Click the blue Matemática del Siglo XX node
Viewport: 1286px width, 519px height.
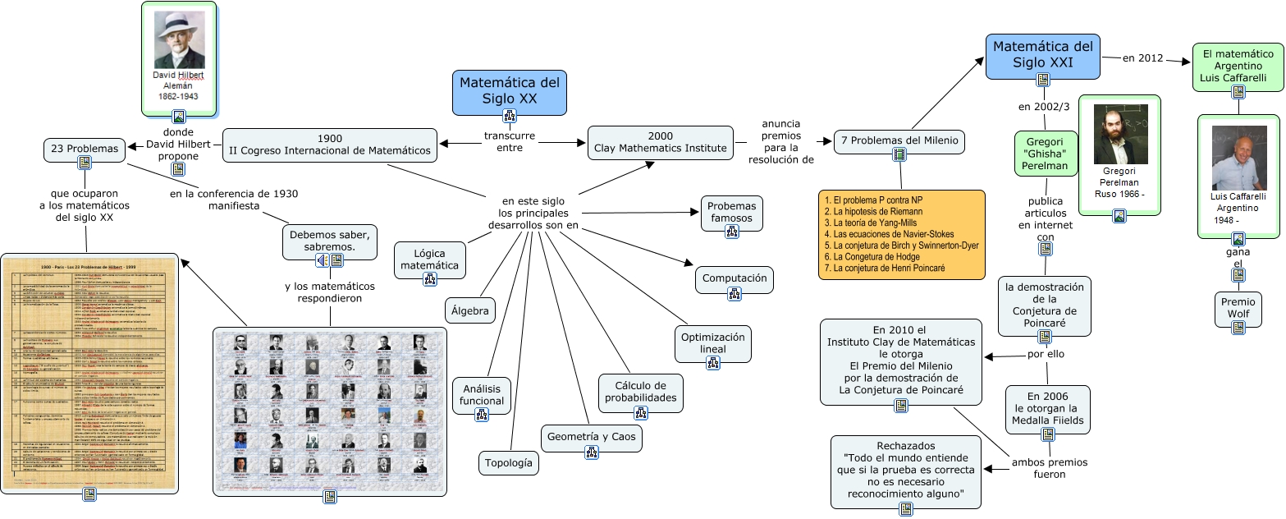[509, 90]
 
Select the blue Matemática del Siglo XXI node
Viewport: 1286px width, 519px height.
[1042, 53]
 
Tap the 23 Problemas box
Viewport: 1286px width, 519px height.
[85, 149]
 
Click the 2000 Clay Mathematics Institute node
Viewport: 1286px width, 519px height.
[660, 143]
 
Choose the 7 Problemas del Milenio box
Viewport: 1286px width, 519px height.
[899, 140]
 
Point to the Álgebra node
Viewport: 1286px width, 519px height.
[470, 311]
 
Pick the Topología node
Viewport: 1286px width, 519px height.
[509, 463]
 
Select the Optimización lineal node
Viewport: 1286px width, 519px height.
[712, 343]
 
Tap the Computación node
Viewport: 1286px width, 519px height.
[735, 278]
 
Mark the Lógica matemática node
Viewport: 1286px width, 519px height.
[430, 259]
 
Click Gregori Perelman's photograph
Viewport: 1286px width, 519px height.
[1119, 134]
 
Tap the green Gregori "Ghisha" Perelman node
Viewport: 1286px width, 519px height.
[1045, 153]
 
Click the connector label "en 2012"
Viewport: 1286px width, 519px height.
[1143, 57]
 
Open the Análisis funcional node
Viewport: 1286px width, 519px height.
[482, 393]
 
